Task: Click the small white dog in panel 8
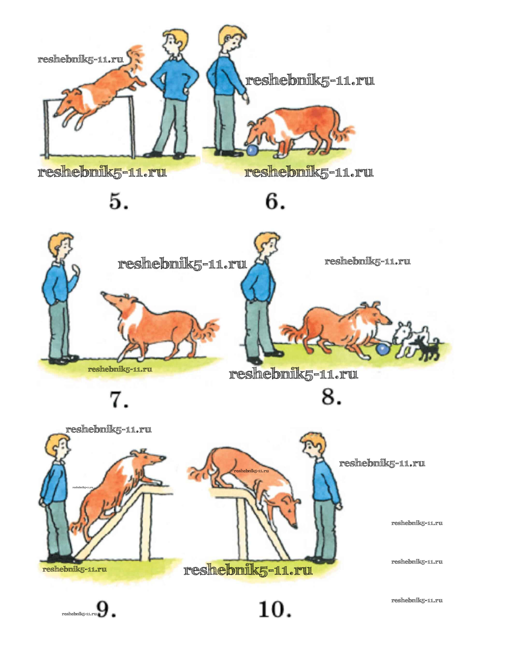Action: click(409, 339)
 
